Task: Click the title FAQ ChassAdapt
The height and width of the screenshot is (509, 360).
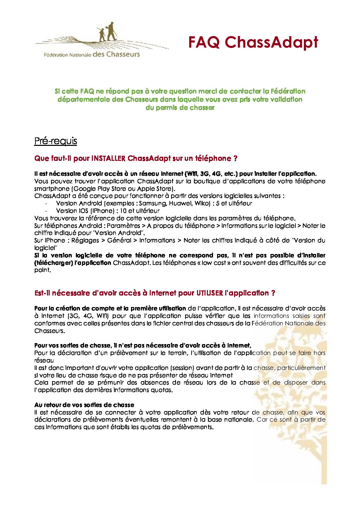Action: pos(253,42)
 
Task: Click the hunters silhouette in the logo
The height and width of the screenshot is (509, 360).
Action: pos(108,32)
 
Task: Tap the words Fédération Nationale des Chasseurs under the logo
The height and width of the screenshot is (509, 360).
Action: pos(92,54)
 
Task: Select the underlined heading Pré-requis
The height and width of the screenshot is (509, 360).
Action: pos(55,141)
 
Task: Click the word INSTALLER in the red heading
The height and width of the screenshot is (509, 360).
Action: pos(109,158)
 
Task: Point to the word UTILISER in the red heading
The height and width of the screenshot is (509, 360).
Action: pos(210,293)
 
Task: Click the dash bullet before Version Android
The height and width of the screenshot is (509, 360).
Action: pos(46,203)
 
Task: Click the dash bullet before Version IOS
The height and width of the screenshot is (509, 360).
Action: pos(46,211)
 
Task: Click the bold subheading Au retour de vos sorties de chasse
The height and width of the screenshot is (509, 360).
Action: pos(84,405)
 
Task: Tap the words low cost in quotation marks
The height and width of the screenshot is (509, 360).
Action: pos(216,263)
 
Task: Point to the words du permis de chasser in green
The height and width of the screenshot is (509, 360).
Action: pos(180,107)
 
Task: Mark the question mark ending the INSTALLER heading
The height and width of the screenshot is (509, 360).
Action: pos(235,158)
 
